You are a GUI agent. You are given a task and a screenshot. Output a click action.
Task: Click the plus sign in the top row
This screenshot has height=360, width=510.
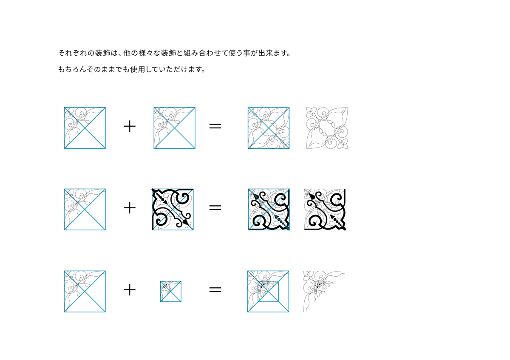tap(130, 126)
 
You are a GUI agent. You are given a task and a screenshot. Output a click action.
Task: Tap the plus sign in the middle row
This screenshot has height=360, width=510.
tap(130, 208)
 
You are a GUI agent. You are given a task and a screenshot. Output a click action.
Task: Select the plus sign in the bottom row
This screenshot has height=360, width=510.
tap(130, 289)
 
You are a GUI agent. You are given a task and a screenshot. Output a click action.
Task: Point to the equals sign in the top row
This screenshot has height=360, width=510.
tap(215, 126)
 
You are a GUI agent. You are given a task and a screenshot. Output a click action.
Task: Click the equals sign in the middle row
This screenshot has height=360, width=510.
tap(215, 208)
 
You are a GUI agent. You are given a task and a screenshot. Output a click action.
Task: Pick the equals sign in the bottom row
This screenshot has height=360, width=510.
tap(215, 289)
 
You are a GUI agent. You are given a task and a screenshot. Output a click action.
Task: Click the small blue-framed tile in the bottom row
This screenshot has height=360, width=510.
tap(171, 292)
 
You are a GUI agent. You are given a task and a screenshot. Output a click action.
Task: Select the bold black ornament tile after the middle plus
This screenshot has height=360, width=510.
tap(173, 210)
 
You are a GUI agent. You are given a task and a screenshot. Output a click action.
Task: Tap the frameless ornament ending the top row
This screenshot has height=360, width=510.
tap(327, 128)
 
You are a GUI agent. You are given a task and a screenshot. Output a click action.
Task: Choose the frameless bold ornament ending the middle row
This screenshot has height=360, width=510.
tap(325, 210)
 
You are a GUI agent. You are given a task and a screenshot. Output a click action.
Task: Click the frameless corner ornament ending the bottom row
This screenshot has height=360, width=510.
tap(324, 291)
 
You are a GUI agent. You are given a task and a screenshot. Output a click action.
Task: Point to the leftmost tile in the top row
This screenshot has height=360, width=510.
tap(85, 128)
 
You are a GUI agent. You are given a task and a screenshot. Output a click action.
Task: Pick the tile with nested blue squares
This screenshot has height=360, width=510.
tap(268, 292)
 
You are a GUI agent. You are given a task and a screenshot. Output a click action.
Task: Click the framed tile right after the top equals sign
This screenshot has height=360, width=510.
tap(269, 128)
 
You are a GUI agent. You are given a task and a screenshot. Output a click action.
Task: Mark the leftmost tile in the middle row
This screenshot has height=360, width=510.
tap(85, 210)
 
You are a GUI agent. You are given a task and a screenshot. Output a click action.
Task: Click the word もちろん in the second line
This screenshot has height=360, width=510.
tap(72, 69)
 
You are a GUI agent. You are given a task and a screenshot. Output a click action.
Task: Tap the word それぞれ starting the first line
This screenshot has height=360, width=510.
tap(73, 53)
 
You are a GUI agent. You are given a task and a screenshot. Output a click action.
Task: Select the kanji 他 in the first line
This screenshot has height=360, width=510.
tap(127, 53)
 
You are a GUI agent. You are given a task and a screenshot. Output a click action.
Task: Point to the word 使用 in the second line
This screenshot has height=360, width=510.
tap(137, 69)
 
